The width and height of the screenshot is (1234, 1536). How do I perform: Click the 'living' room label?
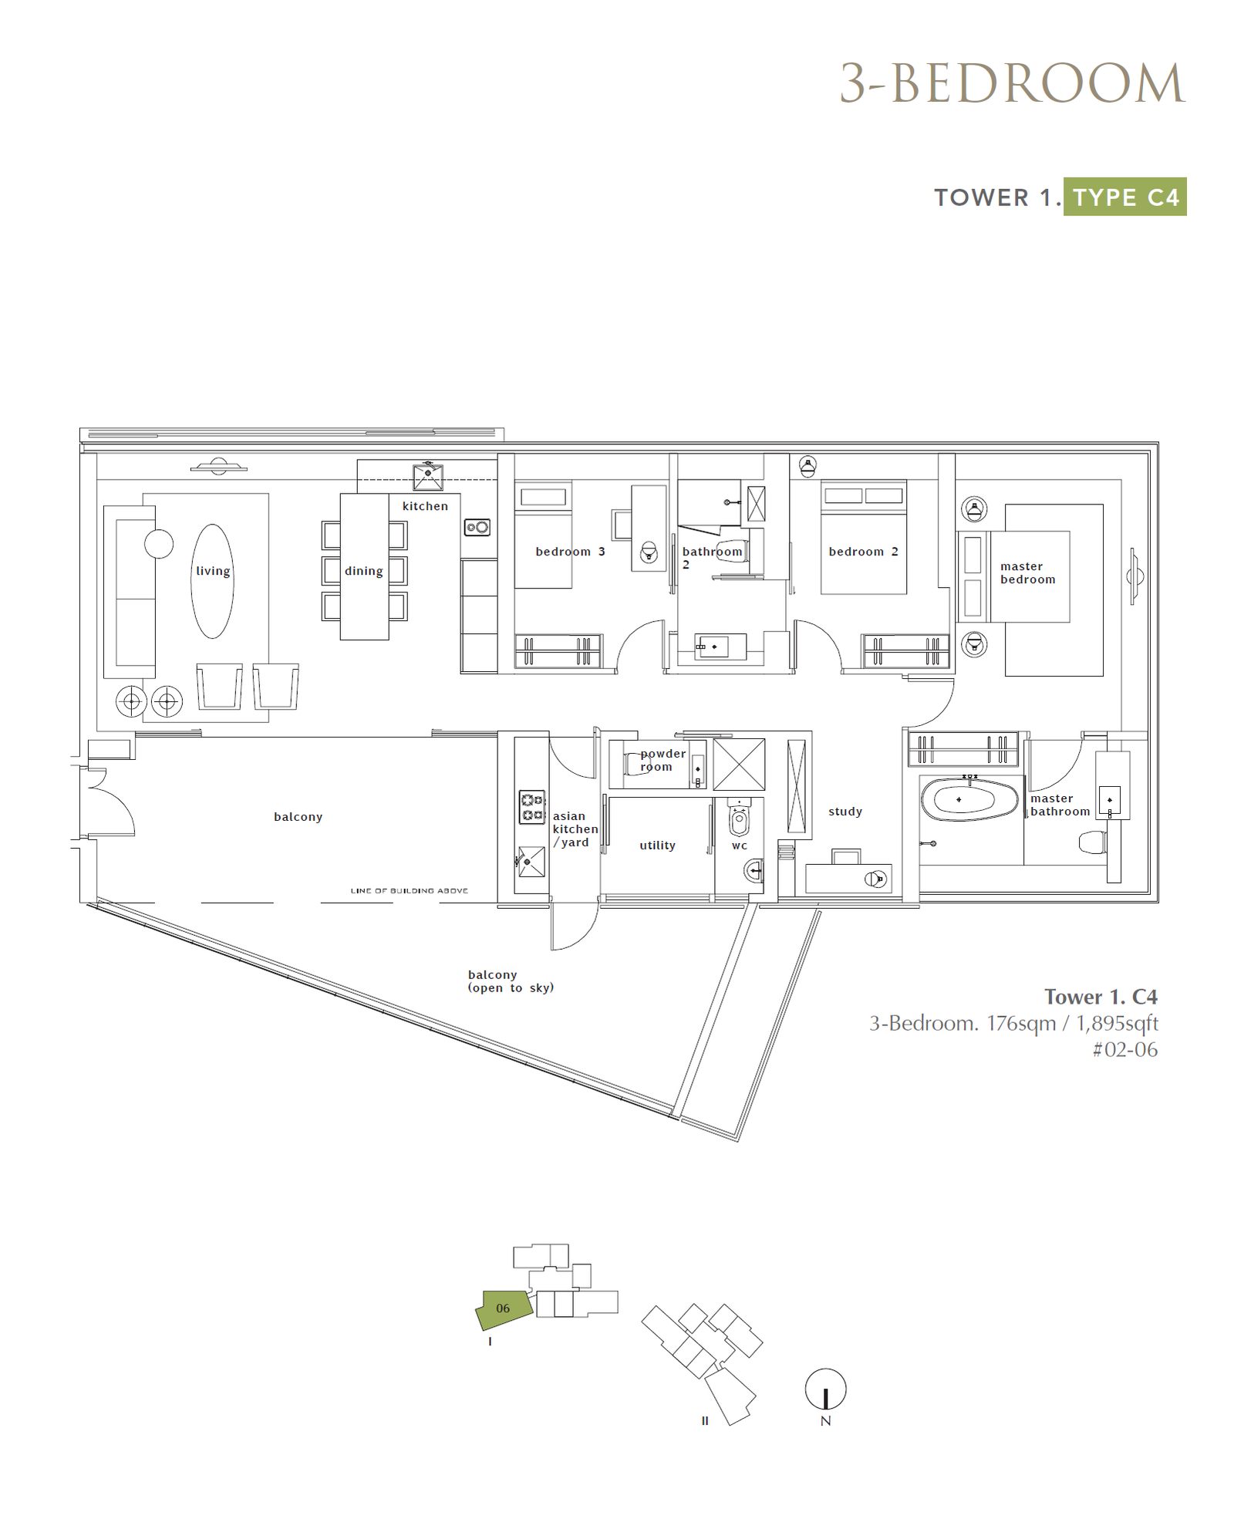click(x=213, y=571)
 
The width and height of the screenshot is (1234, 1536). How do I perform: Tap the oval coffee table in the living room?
click(x=212, y=581)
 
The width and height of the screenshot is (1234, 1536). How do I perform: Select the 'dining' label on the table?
click(x=363, y=571)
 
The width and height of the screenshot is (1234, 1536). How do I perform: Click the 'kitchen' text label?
click(x=425, y=506)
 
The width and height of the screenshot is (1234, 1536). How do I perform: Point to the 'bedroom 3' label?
click(x=570, y=552)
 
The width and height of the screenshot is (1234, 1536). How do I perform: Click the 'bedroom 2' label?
click(x=863, y=552)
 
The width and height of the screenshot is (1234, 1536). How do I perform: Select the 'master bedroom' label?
click(x=1027, y=572)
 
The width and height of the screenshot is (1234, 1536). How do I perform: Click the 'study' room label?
click(x=845, y=812)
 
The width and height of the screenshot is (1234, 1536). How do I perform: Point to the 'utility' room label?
click(x=657, y=846)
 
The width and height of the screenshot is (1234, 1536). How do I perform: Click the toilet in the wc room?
click(x=739, y=818)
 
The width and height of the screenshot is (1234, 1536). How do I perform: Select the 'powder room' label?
click(x=663, y=760)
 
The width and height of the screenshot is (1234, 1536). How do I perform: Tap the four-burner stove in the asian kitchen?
click(x=532, y=807)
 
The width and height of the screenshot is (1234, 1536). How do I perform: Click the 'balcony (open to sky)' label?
click(x=511, y=981)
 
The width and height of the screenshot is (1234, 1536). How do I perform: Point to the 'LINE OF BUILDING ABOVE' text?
click(x=409, y=890)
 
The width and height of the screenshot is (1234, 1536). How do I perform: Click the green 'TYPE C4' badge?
click(x=1124, y=197)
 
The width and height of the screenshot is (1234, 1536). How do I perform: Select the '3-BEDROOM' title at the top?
click(x=1012, y=83)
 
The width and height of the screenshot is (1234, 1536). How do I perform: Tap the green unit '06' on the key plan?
click(x=504, y=1308)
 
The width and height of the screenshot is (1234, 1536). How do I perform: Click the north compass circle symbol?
click(x=825, y=1389)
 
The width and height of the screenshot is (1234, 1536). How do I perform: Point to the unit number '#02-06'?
click(x=1124, y=1049)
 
